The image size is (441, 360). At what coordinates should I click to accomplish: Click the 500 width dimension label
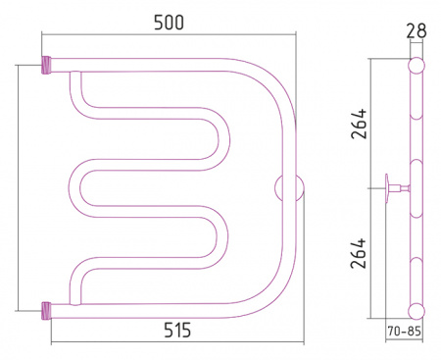tap(169, 23)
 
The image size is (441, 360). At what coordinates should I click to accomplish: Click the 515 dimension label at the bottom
tap(177, 330)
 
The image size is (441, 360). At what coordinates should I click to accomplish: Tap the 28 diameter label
tap(416, 30)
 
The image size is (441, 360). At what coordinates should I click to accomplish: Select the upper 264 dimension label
tap(359, 124)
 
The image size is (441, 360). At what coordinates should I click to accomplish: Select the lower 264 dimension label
tap(359, 253)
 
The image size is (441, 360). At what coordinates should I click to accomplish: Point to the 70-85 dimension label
tap(404, 332)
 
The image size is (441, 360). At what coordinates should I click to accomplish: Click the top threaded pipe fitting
tap(46, 65)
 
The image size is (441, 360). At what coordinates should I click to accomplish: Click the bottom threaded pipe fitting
tap(46, 311)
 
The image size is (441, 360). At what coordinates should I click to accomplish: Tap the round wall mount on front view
tap(289, 188)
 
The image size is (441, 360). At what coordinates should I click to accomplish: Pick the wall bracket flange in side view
tap(387, 188)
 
